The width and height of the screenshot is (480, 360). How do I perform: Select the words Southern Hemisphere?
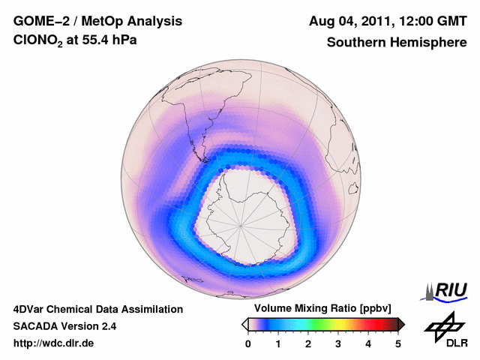point(397,43)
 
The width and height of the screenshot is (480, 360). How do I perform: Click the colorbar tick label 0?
point(248,343)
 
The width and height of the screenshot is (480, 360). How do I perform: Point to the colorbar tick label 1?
point(278,343)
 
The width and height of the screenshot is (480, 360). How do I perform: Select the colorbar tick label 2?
point(308,343)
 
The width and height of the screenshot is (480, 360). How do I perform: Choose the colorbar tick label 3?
point(338,343)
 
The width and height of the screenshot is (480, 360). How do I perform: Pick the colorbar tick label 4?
point(368,343)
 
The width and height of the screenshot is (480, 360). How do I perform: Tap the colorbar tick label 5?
point(398,343)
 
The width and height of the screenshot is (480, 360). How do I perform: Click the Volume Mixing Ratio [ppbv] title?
point(323,309)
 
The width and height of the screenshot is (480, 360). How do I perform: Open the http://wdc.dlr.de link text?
point(54,343)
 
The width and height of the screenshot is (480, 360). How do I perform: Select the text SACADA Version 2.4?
point(65,326)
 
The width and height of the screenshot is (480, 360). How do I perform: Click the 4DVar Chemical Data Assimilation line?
point(98,309)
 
